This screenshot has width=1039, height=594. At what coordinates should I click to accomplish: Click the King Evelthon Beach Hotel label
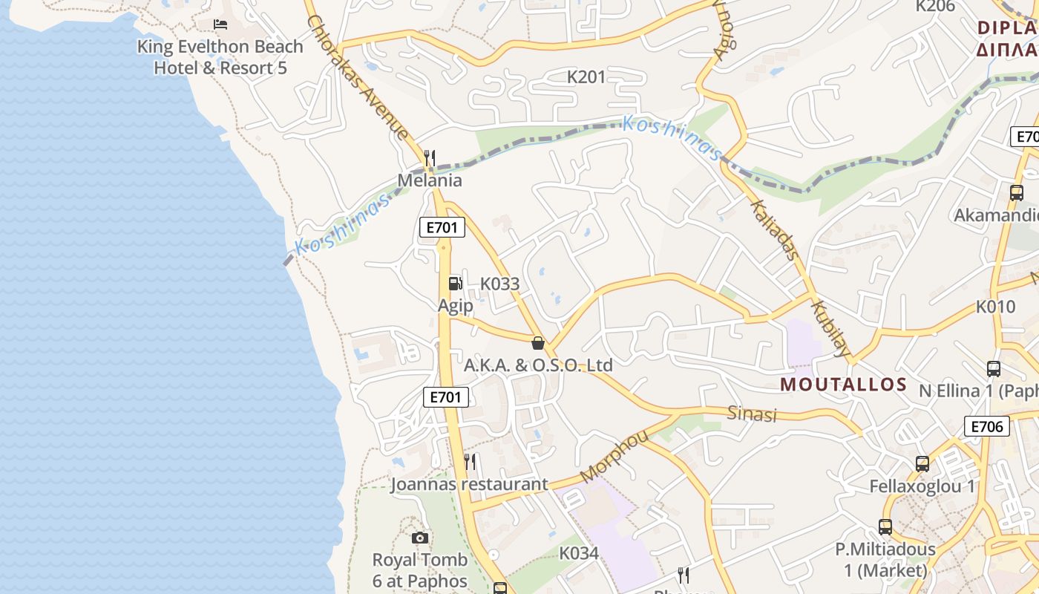click(x=220, y=57)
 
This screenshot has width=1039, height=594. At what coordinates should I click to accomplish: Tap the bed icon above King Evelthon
click(x=220, y=25)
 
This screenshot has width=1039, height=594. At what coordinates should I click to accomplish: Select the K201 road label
click(x=586, y=76)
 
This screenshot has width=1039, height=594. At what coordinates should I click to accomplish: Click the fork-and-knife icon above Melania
click(x=429, y=158)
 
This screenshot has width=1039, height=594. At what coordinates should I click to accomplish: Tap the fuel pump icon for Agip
click(x=455, y=284)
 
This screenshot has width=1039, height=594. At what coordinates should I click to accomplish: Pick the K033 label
click(x=499, y=284)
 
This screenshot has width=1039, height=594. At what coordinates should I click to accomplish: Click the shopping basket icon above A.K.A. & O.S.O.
click(x=538, y=343)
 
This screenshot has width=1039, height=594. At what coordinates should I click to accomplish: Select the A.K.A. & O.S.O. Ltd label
click(x=538, y=365)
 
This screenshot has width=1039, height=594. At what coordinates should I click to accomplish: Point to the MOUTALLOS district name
click(x=844, y=385)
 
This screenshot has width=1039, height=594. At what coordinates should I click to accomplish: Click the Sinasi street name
click(x=752, y=414)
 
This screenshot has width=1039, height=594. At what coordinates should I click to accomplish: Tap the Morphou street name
click(x=614, y=456)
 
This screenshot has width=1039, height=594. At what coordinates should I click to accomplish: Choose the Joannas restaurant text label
click(x=469, y=484)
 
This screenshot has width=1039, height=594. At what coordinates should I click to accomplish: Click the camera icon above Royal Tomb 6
click(x=420, y=538)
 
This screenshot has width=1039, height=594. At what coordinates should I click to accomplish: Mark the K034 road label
click(x=579, y=553)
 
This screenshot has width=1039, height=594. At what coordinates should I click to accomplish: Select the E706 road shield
click(x=987, y=426)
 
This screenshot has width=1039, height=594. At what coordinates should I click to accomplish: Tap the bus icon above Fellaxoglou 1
click(x=922, y=464)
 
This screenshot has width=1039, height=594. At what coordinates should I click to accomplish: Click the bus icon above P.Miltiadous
click(x=885, y=527)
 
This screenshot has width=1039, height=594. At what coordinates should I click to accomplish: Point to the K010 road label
click(x=995, y=306)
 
